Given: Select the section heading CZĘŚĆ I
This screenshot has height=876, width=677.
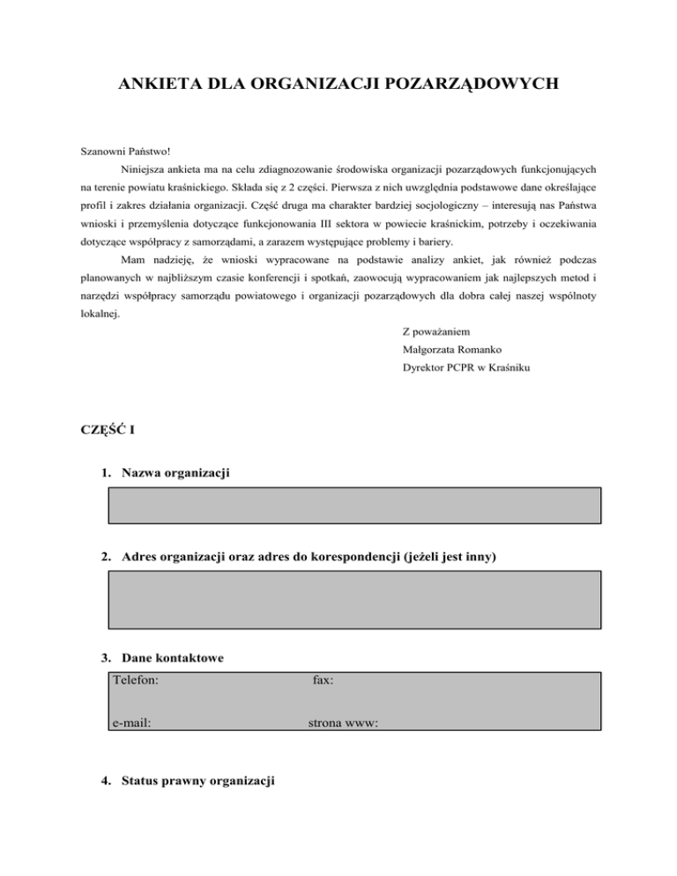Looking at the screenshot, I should (x=108, y=429).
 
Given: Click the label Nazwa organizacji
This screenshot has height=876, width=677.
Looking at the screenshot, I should (x=176, y=474).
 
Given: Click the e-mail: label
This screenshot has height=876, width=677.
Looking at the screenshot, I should (x=131, y=723).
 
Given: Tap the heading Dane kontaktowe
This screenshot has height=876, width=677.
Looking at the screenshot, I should (x=173, y=657).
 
